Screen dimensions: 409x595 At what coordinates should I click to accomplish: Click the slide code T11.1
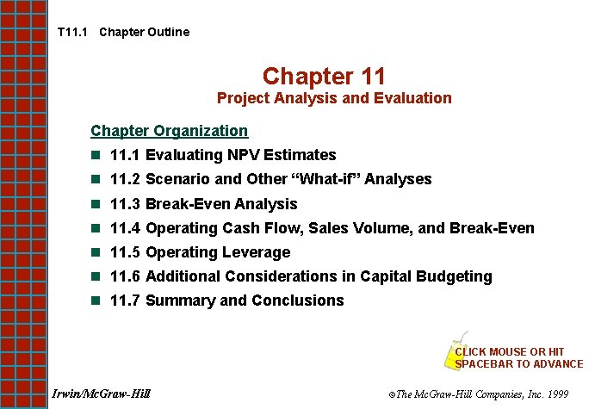72,32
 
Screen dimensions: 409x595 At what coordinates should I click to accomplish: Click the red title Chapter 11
324,76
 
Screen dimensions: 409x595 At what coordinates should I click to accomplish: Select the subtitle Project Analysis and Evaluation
334,98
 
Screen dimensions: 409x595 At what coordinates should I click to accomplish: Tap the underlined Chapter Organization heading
169,131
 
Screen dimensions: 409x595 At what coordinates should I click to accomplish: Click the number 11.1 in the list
126,156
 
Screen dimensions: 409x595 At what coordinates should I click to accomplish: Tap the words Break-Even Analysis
221,204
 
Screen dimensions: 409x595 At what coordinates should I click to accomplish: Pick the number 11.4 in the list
126,228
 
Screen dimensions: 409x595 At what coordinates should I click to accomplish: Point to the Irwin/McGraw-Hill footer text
101,394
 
